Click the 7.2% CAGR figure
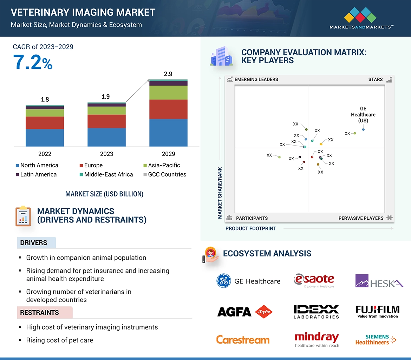click(x=33, y=62)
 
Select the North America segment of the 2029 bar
click(x=168, y=133)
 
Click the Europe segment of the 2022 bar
click(x=45, y=123)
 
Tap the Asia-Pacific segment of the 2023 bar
click(x=106, y=111)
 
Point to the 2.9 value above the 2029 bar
click(x=168, y=74)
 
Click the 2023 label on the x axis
click(x=106, y=154)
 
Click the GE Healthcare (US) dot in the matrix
click(x=363, y=129)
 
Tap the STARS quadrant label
click(x=375, y=79)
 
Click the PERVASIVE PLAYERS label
click(x=361, y=218)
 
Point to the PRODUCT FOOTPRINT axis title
click(x=250, y=228)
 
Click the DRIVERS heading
click(x=34, y=243)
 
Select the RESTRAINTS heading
click(x=39, y=312)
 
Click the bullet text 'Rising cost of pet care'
click(x=59, y=340)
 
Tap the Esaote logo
click(x=314, y=280)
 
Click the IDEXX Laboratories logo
click(x=316, y=312)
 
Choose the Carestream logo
click(x=243, y=340)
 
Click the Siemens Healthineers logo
click(x=376, y=339)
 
